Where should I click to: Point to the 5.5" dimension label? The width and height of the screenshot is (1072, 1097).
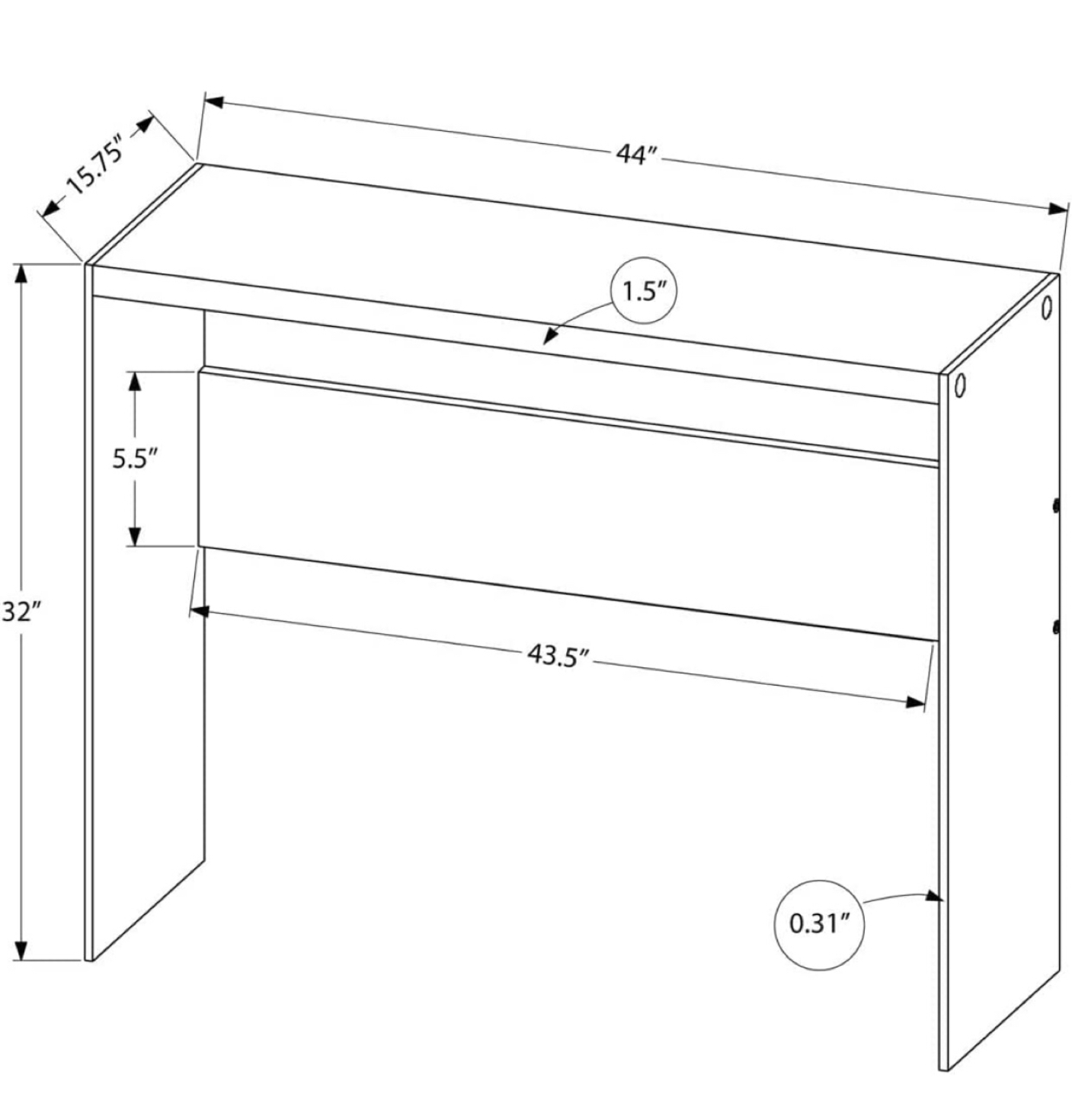(135, 459)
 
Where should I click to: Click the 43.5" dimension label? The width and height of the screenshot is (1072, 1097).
(559, 655)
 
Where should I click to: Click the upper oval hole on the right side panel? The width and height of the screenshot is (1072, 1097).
(1046, 307)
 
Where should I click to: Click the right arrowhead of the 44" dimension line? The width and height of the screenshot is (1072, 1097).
(1057, 209)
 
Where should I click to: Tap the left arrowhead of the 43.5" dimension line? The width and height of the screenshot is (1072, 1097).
(200, 611)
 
